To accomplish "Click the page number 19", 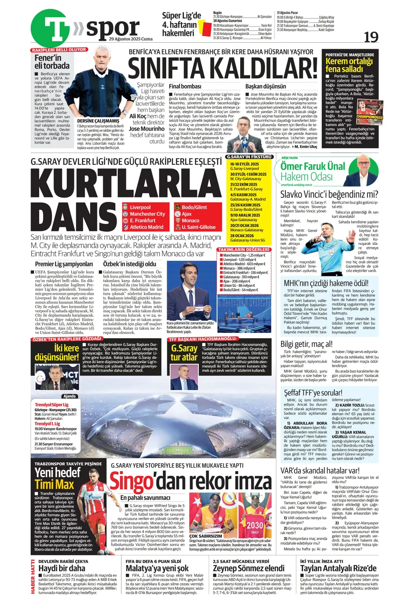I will coord(371,37).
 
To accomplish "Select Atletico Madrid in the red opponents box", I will coord(146,227).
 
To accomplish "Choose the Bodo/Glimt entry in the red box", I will coord(194,207).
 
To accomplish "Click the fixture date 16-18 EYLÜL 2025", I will coord(245,164).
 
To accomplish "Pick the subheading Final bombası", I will coord(185,87).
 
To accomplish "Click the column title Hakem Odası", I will coord(307,177).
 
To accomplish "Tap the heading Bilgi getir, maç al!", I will coord(307,344).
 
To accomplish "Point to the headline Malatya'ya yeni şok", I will coord(157,568).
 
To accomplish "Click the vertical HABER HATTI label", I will coord(33,577).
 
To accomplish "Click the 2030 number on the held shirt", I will coord(255,525).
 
